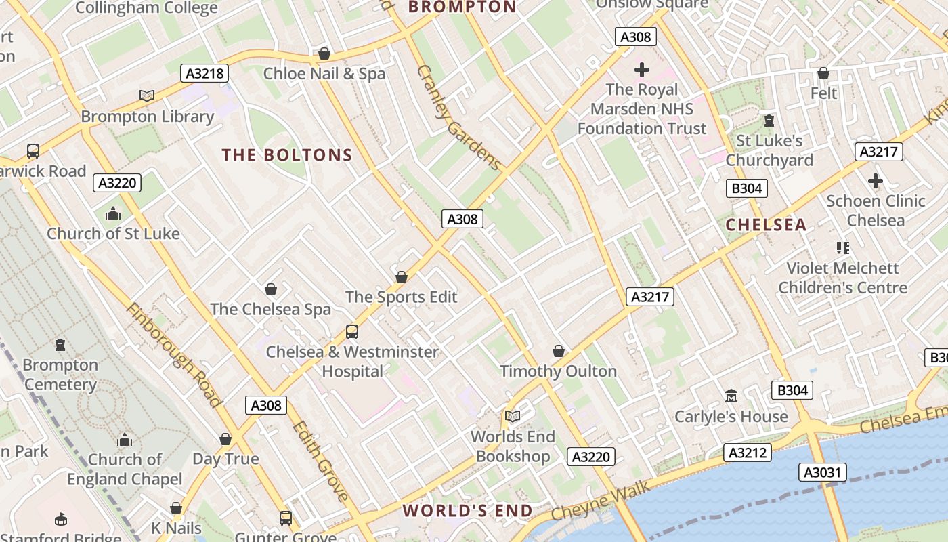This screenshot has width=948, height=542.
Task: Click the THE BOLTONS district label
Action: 287,155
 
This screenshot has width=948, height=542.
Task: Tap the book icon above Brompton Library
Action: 147,96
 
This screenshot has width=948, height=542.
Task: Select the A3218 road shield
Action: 204,73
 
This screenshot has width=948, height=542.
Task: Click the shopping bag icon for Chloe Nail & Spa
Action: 324,54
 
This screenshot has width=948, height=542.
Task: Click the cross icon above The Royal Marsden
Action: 641,69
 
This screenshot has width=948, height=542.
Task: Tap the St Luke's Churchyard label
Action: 769,150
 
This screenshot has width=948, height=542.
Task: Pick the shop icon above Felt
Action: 823,73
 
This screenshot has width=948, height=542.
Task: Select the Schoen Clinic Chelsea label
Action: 875,211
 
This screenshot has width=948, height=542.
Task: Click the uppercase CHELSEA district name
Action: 766,225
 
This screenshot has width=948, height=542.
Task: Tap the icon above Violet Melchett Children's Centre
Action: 842,248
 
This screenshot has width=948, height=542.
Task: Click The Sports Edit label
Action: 401,297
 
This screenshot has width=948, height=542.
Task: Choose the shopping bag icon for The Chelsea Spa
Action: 271,289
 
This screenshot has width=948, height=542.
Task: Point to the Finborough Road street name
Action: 174,355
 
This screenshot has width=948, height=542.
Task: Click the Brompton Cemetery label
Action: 60,375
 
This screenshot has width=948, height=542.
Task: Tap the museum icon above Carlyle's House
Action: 731,396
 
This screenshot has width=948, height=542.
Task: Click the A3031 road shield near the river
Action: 822,472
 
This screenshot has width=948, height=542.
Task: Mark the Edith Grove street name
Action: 321,461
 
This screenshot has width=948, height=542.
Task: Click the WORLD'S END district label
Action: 468,511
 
